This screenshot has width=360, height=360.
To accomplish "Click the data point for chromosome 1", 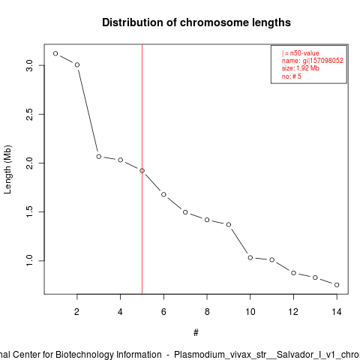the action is pyautogui.click(x=55, y=53).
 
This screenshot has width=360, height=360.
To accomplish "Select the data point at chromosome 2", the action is pyautogui.click(x=77, y=64).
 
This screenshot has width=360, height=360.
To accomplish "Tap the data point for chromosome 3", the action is pyautogui.click(x=99, y=157).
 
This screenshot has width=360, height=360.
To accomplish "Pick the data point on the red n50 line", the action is pyautogui.click(x=142, y=170).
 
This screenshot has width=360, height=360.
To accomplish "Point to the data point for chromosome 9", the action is pyautogui.click(x=229, y=225).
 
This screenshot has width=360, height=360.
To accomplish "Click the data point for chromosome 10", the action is pyautogui.click(x=250, y=257).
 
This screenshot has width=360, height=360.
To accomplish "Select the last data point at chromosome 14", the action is pyautogui.click(x=337, y=285).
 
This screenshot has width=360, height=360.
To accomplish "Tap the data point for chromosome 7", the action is pyautogui.click(x=185, y=212).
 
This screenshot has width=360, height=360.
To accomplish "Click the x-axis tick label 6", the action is pyautogui.click(x=163, y=312).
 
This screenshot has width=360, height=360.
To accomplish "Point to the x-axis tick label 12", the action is pyautogui.click(x=293, y=312).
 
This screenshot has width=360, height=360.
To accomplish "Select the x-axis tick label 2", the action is pyautogui.click(x=76, y=312).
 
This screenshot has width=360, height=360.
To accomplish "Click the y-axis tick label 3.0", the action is pyautogui.click(x=29, y=65).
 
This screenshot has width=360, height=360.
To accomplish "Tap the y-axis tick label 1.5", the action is pyautogui.click(x=29, y=211).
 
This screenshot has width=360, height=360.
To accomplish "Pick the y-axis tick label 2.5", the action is pyautogui.click(x=29, y=114).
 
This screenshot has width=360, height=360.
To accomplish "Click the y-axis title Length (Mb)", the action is pyautogui.click(x=7, y=169).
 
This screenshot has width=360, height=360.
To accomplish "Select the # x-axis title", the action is pyautogui.click(x=196, y=333).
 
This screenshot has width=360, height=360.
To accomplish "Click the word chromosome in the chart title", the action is pyautogui.click(x=214, y=22).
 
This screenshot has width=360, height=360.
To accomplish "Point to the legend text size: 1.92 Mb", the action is pyautogui.click(x=301, y=68).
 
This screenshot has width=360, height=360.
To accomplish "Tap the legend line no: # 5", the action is pyautogui.click(x=292, y=76).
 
